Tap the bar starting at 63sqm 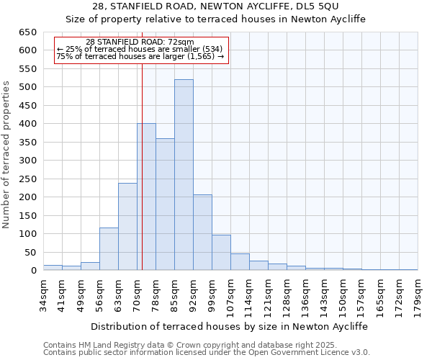pos(127,227)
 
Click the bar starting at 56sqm pos(109,249)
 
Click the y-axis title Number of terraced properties pos(7,155)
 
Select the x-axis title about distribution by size pos(230,326)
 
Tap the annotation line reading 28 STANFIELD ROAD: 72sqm pos(140,42)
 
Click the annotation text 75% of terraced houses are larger pos(140,56)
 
